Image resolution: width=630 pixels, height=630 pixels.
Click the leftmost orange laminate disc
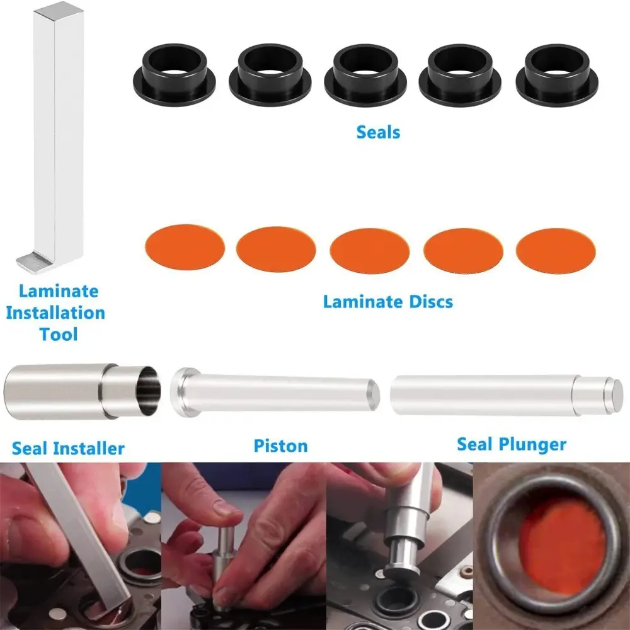coord(185,247)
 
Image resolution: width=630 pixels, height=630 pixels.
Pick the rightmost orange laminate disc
coord(556,251)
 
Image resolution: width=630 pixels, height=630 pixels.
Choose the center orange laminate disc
coord(370,251)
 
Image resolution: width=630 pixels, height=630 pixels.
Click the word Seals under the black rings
coord(378,132)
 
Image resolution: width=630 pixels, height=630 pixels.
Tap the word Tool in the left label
coord(59,335)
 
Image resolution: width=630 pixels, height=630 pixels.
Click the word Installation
coord(55,312)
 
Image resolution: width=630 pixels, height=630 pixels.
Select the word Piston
coord(281,446)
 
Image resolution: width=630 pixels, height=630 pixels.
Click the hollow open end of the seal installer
coord(148,390)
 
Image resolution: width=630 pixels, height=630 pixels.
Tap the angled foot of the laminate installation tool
coord(34,263)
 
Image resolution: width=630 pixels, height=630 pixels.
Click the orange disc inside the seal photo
coord(562,545)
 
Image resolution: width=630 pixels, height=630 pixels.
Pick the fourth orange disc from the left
coord(463,251)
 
